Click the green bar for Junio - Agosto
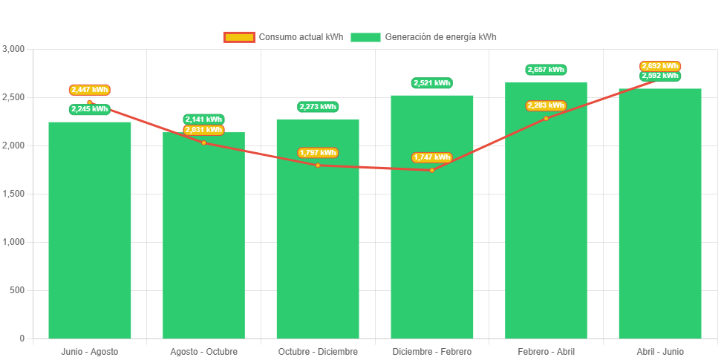(x=89, y=230)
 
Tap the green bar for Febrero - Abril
(x=546, y=223)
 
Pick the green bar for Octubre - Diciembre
(x=318, y=238)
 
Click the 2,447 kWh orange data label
(x=89, y=90)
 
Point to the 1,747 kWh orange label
(x=431, y=157)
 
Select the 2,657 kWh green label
(x=546, y=70)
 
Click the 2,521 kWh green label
(x=431, y=83)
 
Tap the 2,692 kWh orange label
(x=659, y=66)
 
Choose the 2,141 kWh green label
(x=203, y=120)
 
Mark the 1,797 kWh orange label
(x=318, y=153)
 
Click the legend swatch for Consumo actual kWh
(x=238, y=37)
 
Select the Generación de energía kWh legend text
(x=441, y=37)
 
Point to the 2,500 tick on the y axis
(x=14, y=97)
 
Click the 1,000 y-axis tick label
(x=14, y=242)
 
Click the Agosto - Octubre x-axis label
(x=203, y=351)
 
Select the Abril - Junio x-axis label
(x=659, y=351)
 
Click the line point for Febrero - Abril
(x=546, y=118)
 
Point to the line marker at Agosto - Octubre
(x=203, y=143)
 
